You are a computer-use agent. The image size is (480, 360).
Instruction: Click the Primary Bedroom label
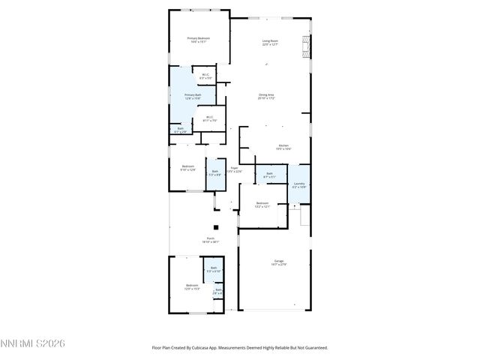coord(198,40)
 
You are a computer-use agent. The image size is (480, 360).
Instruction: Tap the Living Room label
coord(270,43)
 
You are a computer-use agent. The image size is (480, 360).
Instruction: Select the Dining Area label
coord(266,96)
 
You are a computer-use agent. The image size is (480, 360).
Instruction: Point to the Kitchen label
coord(283,147)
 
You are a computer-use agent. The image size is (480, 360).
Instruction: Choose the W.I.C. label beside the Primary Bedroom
coord(205,76)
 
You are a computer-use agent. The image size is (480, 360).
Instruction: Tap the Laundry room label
coord(298,184)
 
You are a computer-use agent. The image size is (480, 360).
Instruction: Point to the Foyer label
coord(234,169)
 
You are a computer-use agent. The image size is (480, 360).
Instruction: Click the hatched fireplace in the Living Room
coord(304,46)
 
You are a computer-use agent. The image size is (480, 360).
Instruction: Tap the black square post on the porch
coord(215,226)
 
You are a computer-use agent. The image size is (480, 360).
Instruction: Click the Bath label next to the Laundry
coord(270,175)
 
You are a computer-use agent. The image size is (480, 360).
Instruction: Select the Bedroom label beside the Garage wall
coord(262,205)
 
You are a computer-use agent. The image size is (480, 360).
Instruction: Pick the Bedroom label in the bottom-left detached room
coord(192,286)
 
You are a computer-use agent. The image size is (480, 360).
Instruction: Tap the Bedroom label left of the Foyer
coord(187,168)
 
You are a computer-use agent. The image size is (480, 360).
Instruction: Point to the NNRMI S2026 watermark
coord(33,343)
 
